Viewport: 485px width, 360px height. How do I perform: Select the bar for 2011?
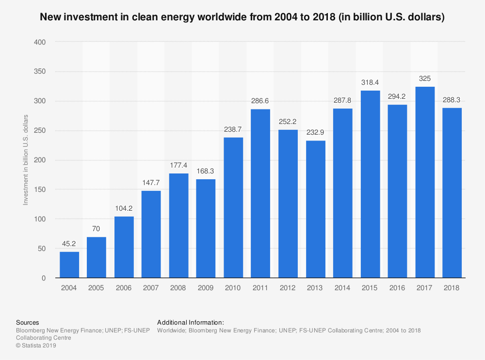click(x=260, y=194)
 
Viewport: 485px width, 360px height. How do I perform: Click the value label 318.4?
click(x=370, y=82)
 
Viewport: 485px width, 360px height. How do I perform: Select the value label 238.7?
click(x=233, y=129)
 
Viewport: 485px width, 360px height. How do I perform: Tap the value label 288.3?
click(x=452, y=100)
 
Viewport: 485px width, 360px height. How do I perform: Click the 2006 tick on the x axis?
click(x=124, y=288)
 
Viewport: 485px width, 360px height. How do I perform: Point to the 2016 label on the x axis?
click(x=397, y=288)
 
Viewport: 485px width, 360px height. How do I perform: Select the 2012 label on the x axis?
click(x=288, y=288)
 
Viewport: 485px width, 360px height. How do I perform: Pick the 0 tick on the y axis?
click(x=44, y=278)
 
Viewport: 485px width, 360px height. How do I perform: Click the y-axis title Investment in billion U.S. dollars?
click(x=26, y=160)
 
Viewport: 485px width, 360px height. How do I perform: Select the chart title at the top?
click(x=242, y=17)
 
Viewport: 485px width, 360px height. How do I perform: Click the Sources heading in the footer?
click(x=28, y=322)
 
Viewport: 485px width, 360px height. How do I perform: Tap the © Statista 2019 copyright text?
click(x=36, y=345)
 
